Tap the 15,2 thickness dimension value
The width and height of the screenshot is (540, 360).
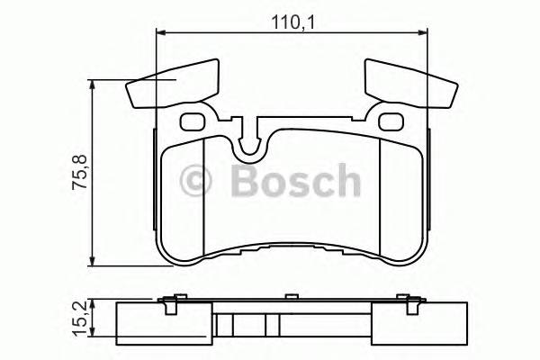(80, 316)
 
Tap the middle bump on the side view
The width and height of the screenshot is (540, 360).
(290, 296)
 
